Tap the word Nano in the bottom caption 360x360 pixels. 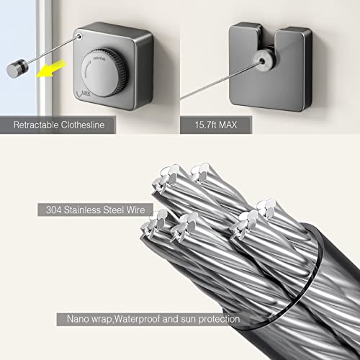(78, 318)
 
